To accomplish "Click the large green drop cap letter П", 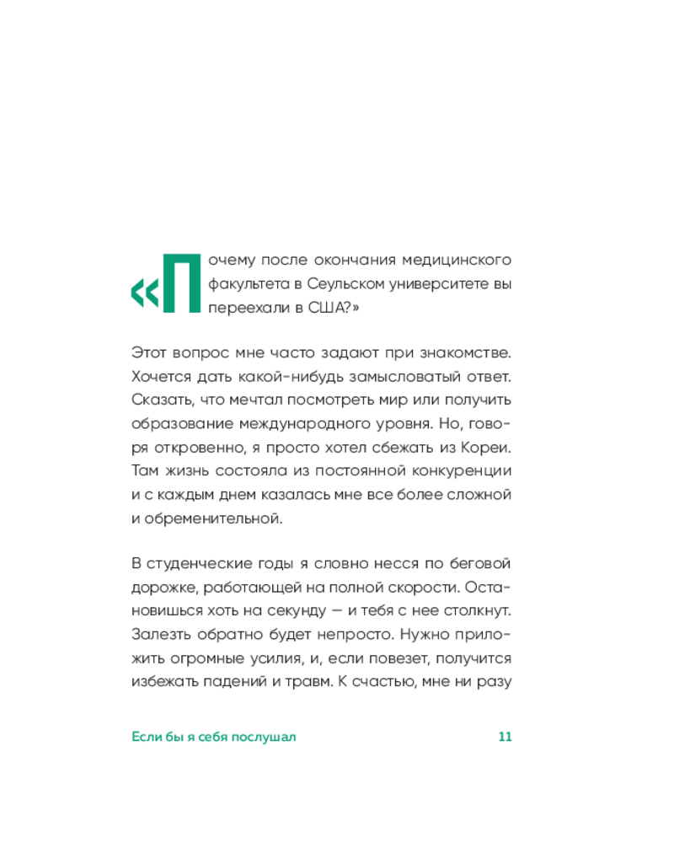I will point(181,282).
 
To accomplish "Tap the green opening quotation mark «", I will point(144,293).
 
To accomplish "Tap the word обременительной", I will point(213,518).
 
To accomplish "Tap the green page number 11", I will point(505,737).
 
